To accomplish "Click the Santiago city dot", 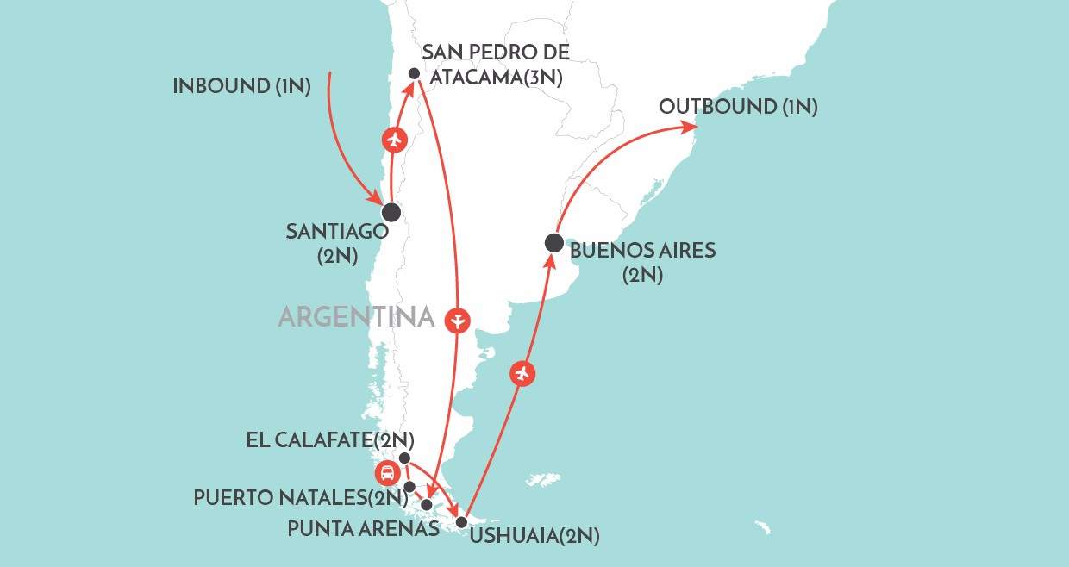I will tap(391, 212).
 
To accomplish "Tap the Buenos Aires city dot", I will tap(553, 244).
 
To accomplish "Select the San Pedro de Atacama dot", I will tap(414, 74).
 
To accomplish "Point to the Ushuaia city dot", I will tap(461, 522).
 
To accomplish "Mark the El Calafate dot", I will tap(405, 458).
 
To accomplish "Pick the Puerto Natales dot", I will tap(409, 487).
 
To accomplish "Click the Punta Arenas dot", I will tap(427, 504).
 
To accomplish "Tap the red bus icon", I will tap(386, 473).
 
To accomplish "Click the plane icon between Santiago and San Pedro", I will tap(394, 139).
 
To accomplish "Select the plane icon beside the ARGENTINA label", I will tap(458, 321).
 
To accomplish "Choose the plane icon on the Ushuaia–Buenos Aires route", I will tap(521, 374).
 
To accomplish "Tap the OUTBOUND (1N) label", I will tap(738, 107).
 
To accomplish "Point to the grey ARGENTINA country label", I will tap(355, 317).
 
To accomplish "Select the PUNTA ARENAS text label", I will tap(363, 528).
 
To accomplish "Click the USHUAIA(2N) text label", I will tap(534, 536).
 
